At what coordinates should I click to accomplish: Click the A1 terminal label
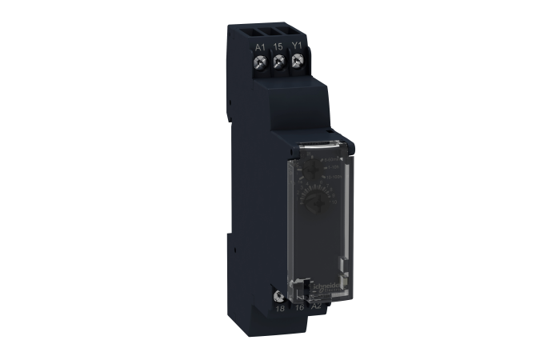tap(260, 47)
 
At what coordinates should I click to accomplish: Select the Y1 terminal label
tap(298, 47)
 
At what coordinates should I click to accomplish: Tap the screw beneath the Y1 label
tap(298, 63)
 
